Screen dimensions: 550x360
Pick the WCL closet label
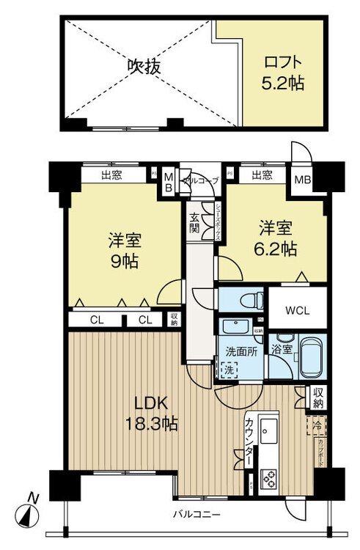point(298,309)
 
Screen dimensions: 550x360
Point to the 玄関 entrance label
point(195,221)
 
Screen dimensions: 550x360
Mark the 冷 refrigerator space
point(316,425)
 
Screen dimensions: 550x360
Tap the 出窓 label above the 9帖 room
point(113,175)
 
